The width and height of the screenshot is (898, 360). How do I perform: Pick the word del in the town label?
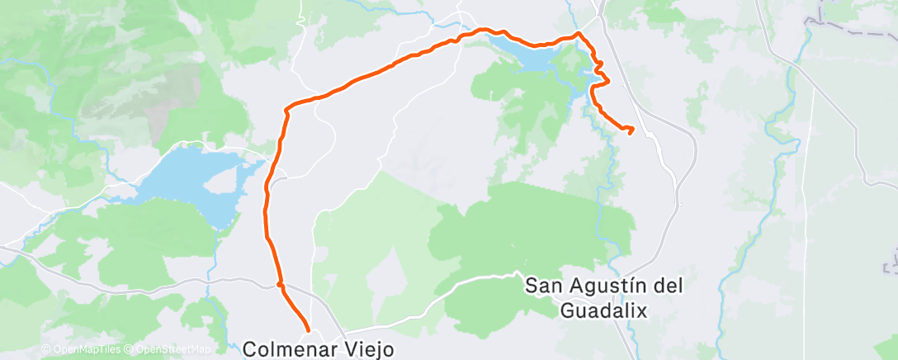(x=670, y=287)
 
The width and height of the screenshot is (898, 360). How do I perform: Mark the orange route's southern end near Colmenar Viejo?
(x=308, y=330)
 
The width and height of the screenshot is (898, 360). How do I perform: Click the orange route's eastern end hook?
(x=631, y=129)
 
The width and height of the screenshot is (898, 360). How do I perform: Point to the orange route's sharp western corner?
(x=286, y=108)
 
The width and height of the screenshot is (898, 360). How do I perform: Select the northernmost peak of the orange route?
(x=579, y=33)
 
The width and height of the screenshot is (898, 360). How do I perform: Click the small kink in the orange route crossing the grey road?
(x=281, y=286)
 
